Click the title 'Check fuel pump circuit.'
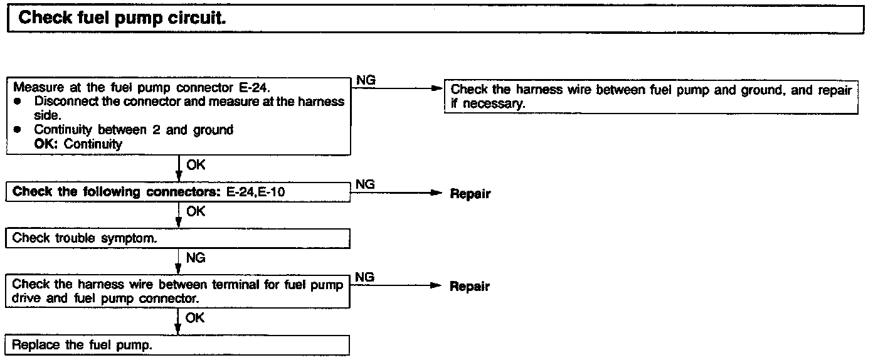(122, 18)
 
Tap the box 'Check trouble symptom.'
(179, 238)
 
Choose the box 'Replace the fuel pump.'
(179, 345)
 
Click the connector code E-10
(272, 192)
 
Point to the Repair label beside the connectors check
(470, 194)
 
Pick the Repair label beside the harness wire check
(470, 287)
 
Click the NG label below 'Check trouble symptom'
(196, 257)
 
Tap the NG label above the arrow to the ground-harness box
(366, 80)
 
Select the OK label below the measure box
(196, 166)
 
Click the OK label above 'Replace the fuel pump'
(196, 318)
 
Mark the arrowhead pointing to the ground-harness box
(438, 88)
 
